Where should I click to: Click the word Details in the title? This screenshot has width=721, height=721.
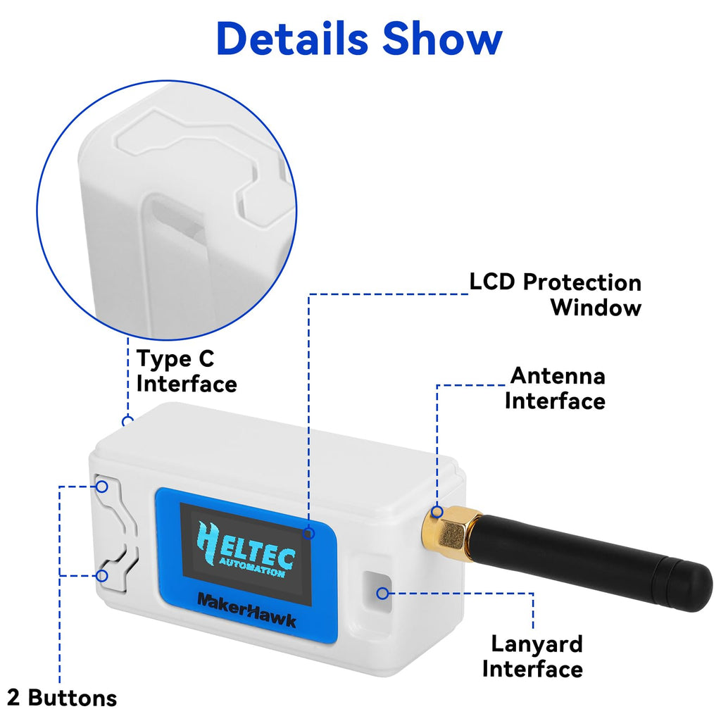coord(292,39)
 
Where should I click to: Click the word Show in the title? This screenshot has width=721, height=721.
coord(442,39)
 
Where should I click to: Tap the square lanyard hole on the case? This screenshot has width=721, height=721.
coord(377,591)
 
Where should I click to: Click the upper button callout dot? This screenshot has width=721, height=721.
coord(102,487)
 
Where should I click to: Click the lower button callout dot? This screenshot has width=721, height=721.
coord(102,576)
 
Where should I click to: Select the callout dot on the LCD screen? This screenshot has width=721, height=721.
coord(309,533)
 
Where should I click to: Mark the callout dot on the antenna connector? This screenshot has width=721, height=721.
coord(437,511)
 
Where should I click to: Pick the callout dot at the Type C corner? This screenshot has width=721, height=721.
coord(128,421)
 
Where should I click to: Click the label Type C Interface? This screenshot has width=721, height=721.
coord(187,372)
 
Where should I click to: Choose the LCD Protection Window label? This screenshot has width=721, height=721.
coord(555,295)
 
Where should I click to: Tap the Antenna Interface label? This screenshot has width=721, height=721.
coord(555,389)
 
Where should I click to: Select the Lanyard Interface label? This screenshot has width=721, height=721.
coord(532,656)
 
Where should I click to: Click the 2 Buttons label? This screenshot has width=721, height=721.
coord(62,698)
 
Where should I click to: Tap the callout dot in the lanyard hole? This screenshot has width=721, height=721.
coord(382,593)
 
